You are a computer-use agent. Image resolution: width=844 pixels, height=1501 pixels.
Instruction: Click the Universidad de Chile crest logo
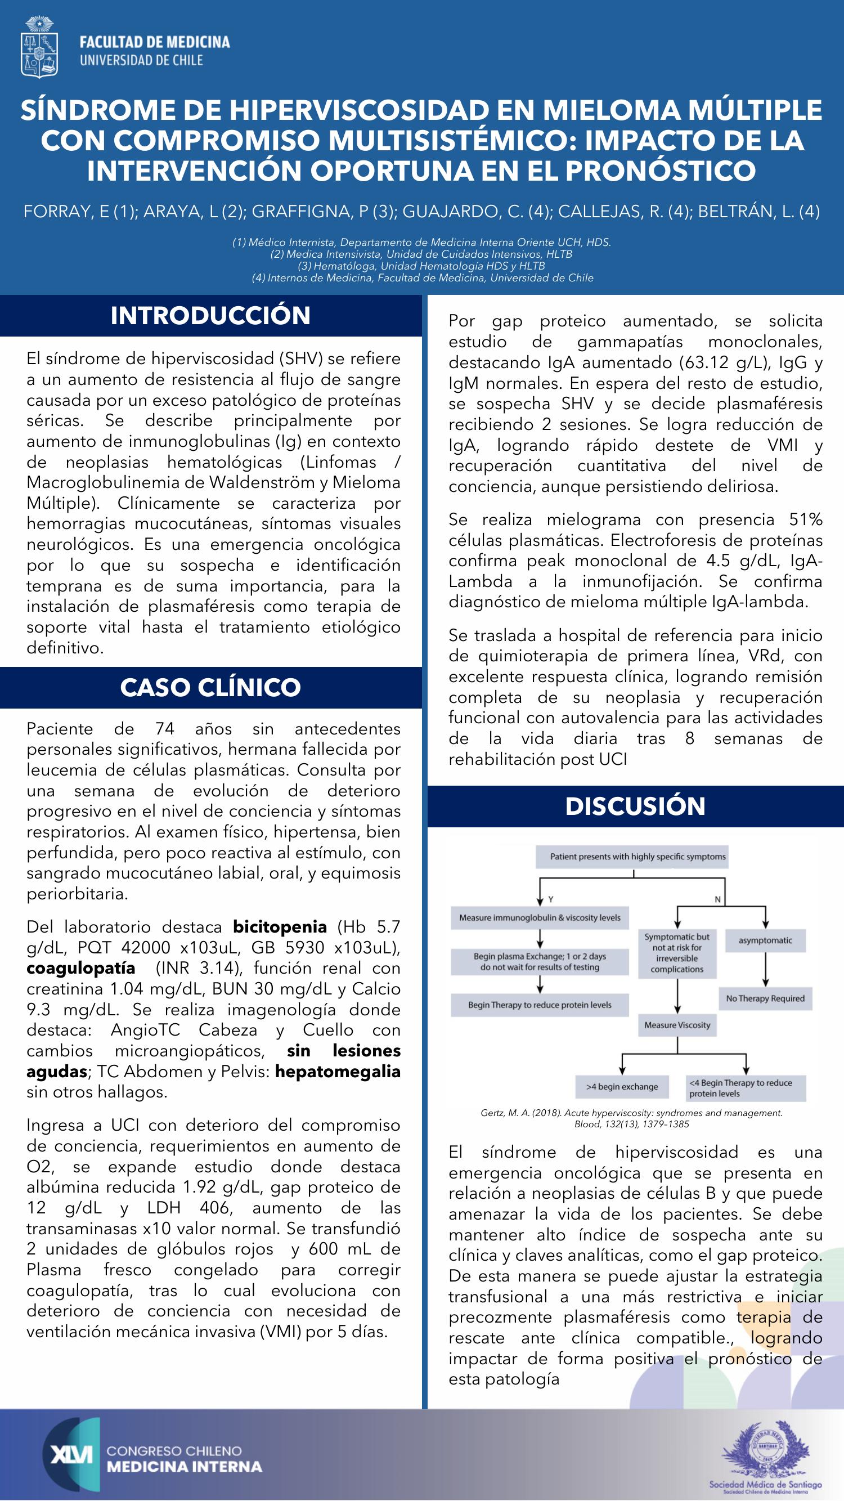(39, 47)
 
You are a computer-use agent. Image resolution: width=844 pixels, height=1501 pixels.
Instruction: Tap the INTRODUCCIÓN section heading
(210, 315)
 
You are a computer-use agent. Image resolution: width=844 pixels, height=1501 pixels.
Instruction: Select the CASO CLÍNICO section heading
(210, 688)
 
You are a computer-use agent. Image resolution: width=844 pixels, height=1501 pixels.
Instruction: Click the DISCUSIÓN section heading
(635, 806)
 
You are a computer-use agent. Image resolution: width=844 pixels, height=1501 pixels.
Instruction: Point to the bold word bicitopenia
(280, 926)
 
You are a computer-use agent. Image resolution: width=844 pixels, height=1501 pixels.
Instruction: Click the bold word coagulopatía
(80, 968)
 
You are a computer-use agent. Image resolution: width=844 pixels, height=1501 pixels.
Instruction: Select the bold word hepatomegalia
(337, 1071)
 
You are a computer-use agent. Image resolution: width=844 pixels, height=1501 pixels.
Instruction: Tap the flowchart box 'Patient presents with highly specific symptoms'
(638, 857)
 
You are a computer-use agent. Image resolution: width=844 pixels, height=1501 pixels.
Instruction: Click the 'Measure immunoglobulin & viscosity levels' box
(540, 918)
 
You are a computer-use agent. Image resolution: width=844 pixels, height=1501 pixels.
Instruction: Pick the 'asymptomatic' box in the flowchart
(765, 940)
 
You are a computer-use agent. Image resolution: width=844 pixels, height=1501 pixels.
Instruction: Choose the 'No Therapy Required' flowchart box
(765, 998)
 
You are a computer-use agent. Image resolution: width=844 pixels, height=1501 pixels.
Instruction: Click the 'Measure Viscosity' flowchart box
(677, 1025)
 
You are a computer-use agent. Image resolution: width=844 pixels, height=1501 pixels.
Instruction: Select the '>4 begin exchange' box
(622, 1087)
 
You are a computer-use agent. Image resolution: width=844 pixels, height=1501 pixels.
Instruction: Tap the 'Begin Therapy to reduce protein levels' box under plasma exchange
(540, 1005)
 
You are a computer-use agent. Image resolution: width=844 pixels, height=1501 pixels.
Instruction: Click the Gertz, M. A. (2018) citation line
(631, 1113)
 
